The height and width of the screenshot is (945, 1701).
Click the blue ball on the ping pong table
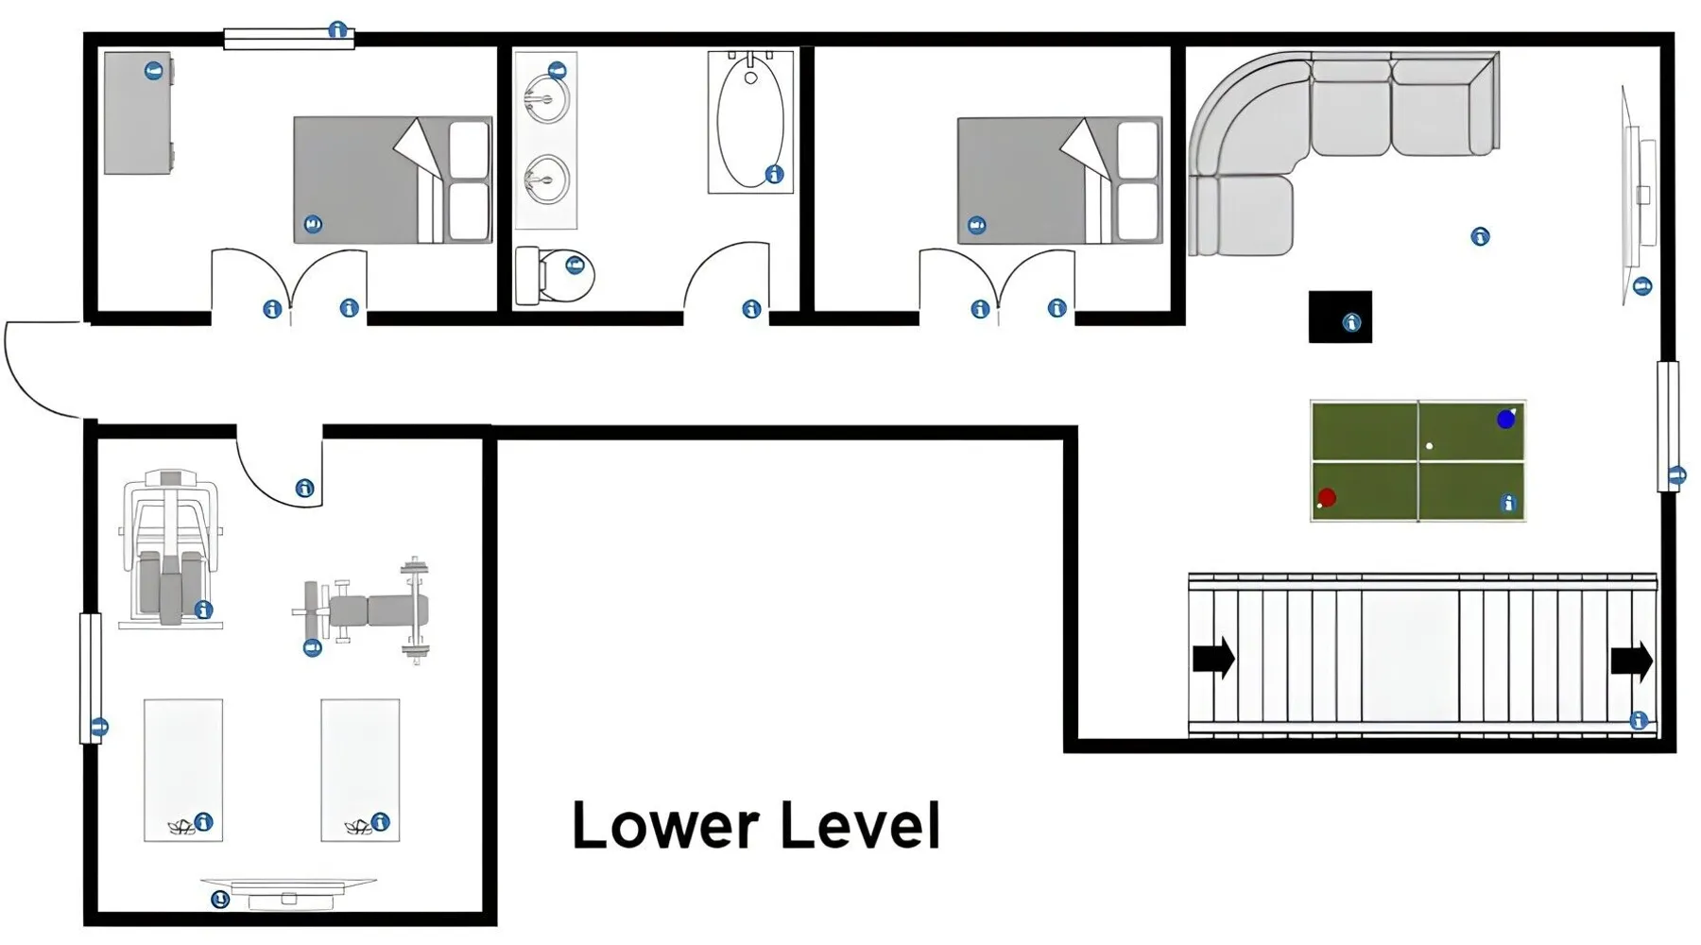tap(1505, 419)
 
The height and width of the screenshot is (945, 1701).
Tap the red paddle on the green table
tap(1326, 498)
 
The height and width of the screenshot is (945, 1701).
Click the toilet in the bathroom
tap(555, 275)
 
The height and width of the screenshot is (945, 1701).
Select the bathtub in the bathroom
tap(750, 122)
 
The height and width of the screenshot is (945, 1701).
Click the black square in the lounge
tap(1340, 317)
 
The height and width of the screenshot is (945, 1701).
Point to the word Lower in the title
tap(666, 825)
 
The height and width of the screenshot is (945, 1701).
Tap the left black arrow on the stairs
tap(1213, 657)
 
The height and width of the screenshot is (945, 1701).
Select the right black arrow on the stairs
tap(1632, 661)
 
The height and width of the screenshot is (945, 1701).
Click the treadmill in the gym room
tap(171, 548)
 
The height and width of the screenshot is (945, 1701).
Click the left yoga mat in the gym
tap(183, 770)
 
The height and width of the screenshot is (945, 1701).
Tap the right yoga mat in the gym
tap(360, 770)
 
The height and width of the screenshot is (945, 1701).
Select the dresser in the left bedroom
tap(139, 113)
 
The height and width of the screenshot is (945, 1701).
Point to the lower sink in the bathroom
tap(546, 179)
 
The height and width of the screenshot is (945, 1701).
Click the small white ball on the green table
tap(1429, 446)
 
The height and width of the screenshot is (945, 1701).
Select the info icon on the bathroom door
tap(751, 309)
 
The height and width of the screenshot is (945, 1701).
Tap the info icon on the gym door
tap(304, 488)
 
